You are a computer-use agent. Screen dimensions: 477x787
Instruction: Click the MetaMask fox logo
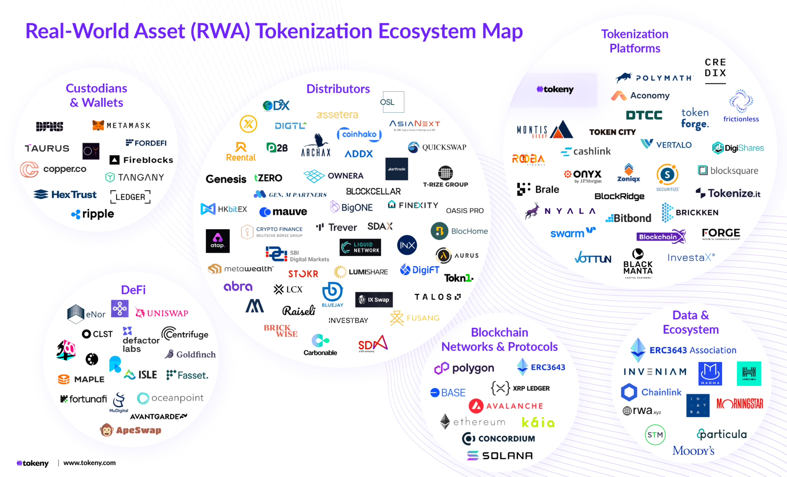click(98, 125)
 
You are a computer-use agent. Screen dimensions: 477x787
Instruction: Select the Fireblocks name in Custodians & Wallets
click(148, 160)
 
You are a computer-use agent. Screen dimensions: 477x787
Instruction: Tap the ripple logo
click(93, 214)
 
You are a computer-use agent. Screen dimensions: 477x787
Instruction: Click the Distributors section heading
click(338, 89)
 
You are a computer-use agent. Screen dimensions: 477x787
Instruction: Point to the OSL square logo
click(393, 102)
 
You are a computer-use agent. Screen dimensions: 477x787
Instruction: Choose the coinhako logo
click(359, 134)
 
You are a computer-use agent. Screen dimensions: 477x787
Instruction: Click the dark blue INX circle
click(407, 245)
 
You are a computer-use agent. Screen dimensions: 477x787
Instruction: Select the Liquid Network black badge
click(360, 248)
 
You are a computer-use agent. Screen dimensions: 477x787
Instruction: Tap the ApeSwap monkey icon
click(107, 430)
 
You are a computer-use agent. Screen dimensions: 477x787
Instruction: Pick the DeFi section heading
click(133, 290)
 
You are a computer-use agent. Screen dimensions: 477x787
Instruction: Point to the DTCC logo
click(644, 115)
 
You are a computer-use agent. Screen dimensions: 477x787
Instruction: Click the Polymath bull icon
click(624, 77)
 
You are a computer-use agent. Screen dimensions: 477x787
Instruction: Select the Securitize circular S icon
click(667, 175)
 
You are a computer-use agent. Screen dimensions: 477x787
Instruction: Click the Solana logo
click(500, 455)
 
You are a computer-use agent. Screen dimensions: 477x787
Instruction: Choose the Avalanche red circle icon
click(476, 406)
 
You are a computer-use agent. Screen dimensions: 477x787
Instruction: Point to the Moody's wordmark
click(693, 451)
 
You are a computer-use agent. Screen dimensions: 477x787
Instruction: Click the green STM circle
click(655, 435)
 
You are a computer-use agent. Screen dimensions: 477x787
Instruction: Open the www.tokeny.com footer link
click(89, 463)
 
